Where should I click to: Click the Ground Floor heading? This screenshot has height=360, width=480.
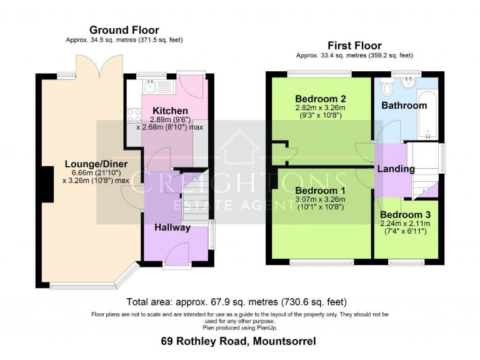[x=124, y=30]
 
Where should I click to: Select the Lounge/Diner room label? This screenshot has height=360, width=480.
[x=96, y=164]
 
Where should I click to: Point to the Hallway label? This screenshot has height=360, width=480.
[x=172, y=227]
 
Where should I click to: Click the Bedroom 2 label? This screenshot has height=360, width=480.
[x=321, y=99]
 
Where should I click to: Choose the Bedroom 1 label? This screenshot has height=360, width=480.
[x=320, y=191]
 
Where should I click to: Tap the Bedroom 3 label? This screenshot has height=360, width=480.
[x=406, y=214]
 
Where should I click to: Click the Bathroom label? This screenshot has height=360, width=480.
[x=404, y=106]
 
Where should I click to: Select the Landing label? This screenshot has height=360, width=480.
[x=396, y=169]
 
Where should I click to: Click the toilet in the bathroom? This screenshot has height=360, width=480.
[x=386, y=85]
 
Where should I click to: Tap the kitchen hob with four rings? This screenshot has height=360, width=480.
[x=134, y=115]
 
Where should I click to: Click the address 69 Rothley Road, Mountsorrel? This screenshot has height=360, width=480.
[x=238, y=341]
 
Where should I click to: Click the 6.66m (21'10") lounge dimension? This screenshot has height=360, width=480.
[x=96, y=172]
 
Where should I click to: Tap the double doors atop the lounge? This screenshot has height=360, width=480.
[x=104, y=64]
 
